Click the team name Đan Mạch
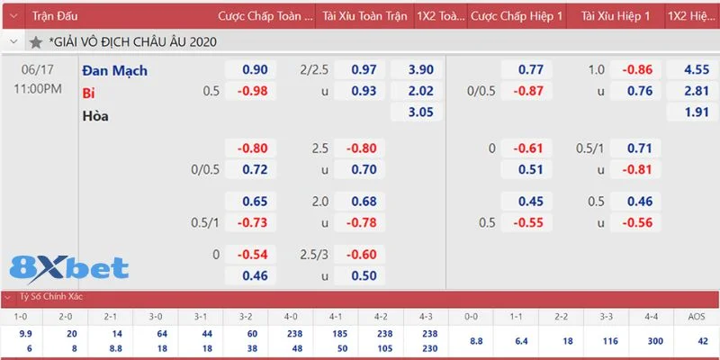pyautogui.click(x=114, y=70)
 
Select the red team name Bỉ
pyautogui.click(x=88, y=92)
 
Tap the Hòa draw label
pyautogui.click(x=95, y=115)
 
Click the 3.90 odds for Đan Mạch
pyautogui.click(x=420, y=70)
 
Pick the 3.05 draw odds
pyautogui.click(x=420, y=112)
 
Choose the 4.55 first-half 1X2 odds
pyautogui.click(x=696, y=70)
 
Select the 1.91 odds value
pyautogui.click(x=696, y=112)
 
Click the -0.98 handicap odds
pyautogui.click(x=252, y=91)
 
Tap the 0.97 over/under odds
pyautogui.click(x=363, y=70)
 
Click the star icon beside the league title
pyautogui.click(x=35, y=42)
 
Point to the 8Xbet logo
pyautogui.click(x=68, y=268)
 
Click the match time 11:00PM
pyautogui.click(x=38, y=88)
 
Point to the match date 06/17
pyautogui.click(x=38, y=70)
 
